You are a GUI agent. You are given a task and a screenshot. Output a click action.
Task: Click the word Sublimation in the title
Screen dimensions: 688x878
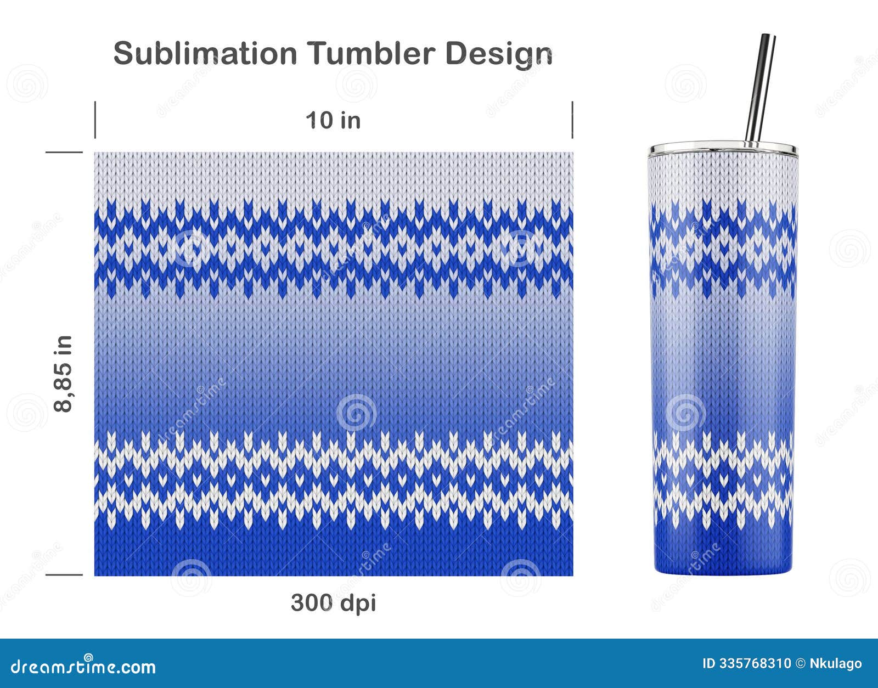pyautogui.click(x=205, y=54)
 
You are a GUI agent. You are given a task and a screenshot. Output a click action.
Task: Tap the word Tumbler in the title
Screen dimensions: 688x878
pyautogui.click(x=370, y=54)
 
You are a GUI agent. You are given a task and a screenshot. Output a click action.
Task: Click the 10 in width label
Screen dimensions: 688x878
pyautogui.click(x=333, y=120)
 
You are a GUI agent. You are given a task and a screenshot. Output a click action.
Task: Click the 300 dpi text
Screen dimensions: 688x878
pyautogui.click(x=333, y=603)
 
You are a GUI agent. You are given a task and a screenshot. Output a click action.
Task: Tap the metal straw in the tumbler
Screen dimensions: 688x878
pyautogui.click(x=760, y=88)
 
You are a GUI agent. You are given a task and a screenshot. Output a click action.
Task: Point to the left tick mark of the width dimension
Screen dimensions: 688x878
pyautogui.click(x=95, y=120)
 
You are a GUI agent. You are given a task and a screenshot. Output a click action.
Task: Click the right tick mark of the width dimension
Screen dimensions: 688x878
pyautogui.click(x=572, y=120)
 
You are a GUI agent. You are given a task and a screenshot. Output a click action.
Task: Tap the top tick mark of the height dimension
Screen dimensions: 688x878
pyautogui.click(x=64, y=152)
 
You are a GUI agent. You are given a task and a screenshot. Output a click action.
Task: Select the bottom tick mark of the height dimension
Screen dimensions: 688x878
pyautogui.click(x=64, y=575)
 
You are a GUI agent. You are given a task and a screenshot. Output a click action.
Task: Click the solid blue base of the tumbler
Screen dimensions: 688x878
pyautogui.click(x=723, y=551)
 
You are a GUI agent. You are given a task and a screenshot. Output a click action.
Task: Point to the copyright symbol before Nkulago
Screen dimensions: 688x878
pyautogui.click(x=801, y=664)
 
